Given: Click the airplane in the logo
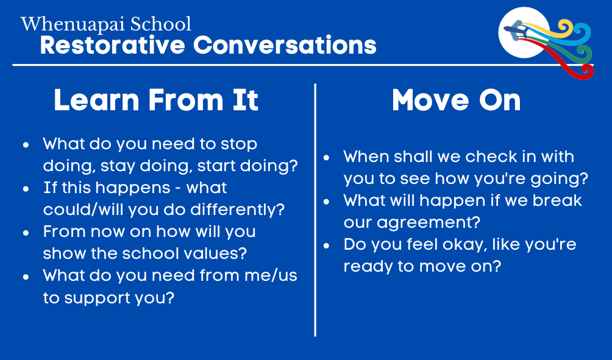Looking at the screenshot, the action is pyautogui.click(x=518, y=30).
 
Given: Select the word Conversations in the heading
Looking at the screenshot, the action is pyautogui.click(x=285, y=45).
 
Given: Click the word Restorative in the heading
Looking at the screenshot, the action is pyautogui.click(x=112, y=45).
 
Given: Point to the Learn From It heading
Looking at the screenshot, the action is pyautogui.click(x=156, y=101).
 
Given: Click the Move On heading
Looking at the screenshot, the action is pyautogui.click(x=457, y=101).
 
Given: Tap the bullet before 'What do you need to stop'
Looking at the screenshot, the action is pyautogui.click(x=26, y=145).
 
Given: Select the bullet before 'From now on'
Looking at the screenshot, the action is pyautogui.click(x=26, y=233).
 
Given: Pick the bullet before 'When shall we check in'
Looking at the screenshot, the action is pyautogui.click(x=327, y=158).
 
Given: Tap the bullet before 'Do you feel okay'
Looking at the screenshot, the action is pyautogui.click(x=327, y=245).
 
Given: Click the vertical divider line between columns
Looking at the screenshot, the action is pyautogui.click(x=315, y=210).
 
